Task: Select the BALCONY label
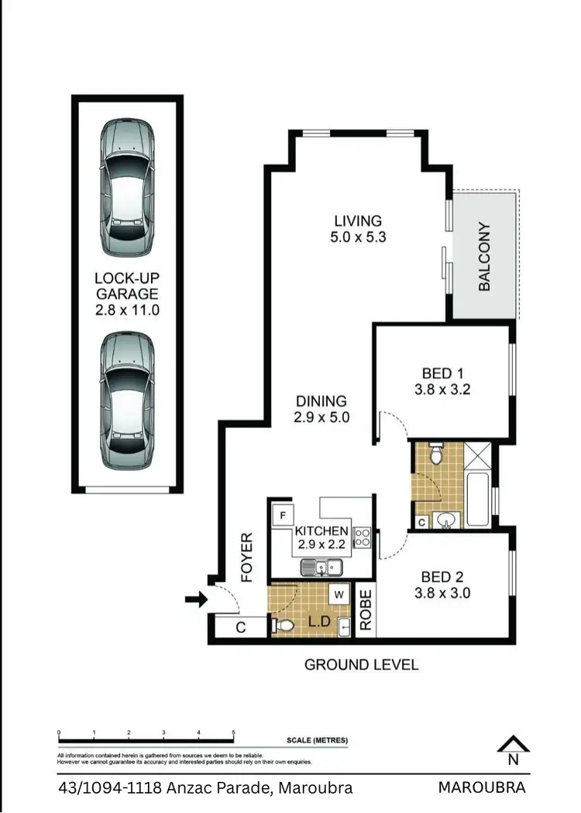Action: point(485,257)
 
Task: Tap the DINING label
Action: point(321,401)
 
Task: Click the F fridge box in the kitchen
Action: point(282,515)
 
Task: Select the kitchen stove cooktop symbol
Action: point(362,538)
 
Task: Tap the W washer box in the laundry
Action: point(339,596)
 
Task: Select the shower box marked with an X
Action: point(478,454)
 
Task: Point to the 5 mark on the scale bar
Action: point(234,733)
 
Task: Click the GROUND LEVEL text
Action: point(361,665)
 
